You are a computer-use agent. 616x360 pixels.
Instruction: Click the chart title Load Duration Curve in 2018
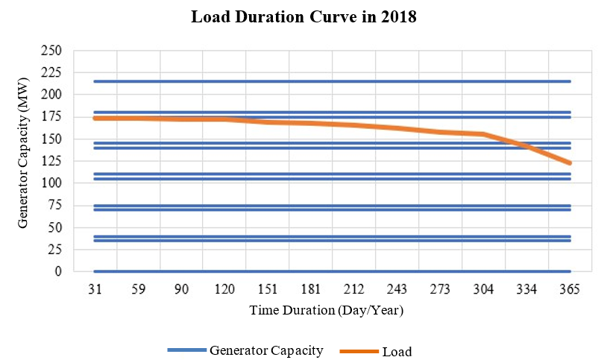point(303,18)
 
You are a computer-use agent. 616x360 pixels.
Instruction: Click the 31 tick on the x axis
point(94,290)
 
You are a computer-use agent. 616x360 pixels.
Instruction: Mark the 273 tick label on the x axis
point(441,290)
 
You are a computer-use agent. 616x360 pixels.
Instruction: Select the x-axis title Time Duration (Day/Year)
point(326,311)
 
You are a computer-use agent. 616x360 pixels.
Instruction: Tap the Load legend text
point(396,351)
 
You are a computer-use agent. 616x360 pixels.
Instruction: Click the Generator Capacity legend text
point(266,350)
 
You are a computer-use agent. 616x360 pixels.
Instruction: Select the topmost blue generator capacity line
point(332,81)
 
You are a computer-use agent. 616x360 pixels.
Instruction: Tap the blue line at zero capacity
point(332,271)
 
